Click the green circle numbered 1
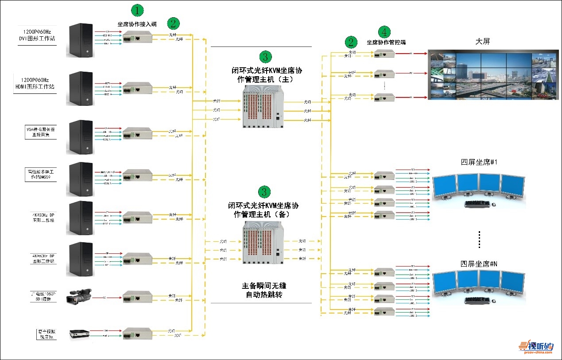(x=137, y=10)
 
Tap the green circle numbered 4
(x=384, y=32)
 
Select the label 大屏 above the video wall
(x=482, y=42)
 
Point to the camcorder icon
(x=79, y=297)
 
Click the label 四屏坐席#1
(x=479, y=163)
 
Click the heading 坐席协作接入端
(x=137, y=24)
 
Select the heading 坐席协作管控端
(x=386, y=43)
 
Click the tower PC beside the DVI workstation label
(x=81, y=41)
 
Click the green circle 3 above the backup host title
(x=264, y=192)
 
